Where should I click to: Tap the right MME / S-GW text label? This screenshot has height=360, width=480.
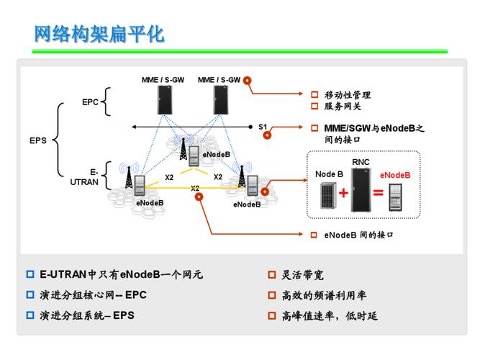[219, 80]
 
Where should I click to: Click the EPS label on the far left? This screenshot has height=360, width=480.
[38, 140]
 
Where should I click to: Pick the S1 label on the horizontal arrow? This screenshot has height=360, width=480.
[263, 127]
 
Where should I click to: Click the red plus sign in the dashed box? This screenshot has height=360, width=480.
[343, 193]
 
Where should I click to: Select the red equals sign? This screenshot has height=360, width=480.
[378, 193]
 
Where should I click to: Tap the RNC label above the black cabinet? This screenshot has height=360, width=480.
[361, 162]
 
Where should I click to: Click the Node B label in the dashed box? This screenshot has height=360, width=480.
[330, 174]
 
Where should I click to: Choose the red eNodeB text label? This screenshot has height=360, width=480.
[395, 174]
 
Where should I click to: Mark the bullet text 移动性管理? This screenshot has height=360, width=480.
[348, 95]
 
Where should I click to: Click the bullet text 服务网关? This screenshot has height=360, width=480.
[343, 107]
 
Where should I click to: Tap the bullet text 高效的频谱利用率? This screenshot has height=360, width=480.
[324, 294]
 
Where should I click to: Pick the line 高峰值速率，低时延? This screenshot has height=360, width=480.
[330, 315]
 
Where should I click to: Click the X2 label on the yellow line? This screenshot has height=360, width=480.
[195, 189]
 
